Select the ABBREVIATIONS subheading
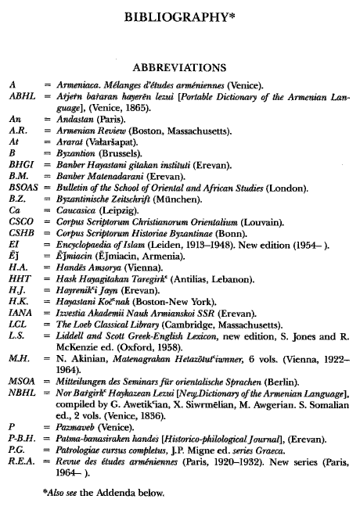pyautogui.click(x=180, y=67)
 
